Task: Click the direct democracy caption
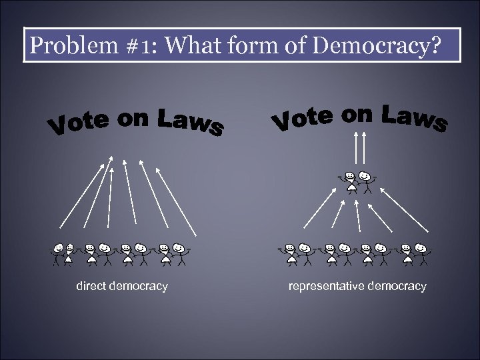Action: click(x=121, y=287)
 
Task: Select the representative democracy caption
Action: click(x=357, y=287)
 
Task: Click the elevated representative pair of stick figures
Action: click(x=357, y=181)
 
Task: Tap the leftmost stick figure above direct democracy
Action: click(x=59, y=253)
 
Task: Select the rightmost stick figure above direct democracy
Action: click(x=179, y=253)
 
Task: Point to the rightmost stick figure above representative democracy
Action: click(x=421, y=253)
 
